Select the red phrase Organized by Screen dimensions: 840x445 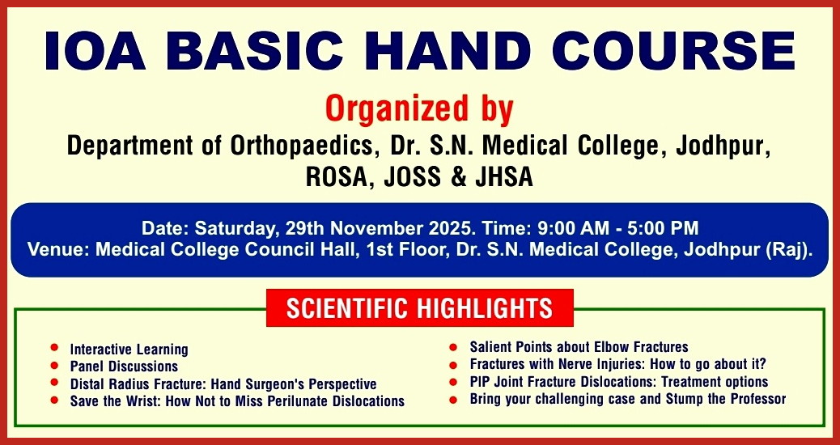click(x=419, y=108)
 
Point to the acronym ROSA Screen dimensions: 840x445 click(x=340, y=178)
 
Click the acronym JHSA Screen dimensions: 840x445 click(x=504, y=178)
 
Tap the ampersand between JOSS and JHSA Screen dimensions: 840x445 click(x=460, y=178)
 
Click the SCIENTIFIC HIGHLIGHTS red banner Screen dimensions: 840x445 click(x=419, y=308)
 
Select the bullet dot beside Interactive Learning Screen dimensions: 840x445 click(x=54, y=348)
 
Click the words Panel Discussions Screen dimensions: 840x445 click(x=124, y=367)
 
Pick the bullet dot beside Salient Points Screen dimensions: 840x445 click(x=453, y=348)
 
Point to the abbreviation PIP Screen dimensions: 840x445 click(x=481, y=382)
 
